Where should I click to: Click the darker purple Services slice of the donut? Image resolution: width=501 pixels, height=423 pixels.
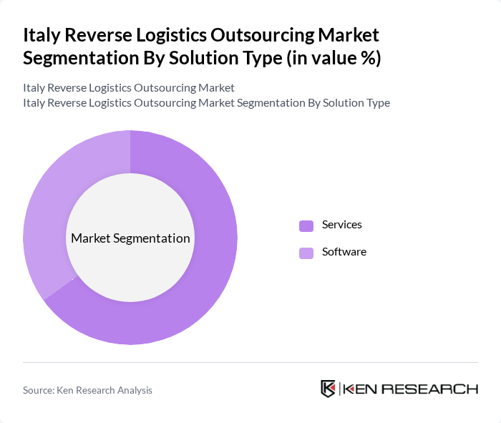[x=208, y=286]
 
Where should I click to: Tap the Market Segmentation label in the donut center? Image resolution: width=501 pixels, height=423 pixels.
[x=130, y=238]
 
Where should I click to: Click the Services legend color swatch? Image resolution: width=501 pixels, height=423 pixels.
[x=306, y=225]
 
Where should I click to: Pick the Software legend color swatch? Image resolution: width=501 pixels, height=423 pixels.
[x=306, y=253]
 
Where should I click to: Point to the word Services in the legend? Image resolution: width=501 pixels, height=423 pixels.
[x=342, y=225]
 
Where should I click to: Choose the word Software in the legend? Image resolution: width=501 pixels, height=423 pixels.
[x=344, y=252]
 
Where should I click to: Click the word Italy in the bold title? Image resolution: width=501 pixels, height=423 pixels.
[x=42, y=35]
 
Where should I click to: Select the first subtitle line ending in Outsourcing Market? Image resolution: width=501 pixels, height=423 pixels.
[x=129, y=88]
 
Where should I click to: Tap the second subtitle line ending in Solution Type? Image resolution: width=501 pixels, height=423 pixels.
[x=206, y=102]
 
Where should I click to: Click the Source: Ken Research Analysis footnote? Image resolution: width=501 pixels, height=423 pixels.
[x=87, y=390]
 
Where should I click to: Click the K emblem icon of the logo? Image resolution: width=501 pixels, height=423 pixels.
[x=329, y=389]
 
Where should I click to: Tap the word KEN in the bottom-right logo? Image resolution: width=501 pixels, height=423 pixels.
[x=362, y=389]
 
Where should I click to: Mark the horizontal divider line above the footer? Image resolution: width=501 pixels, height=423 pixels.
[x=250, y=362]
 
